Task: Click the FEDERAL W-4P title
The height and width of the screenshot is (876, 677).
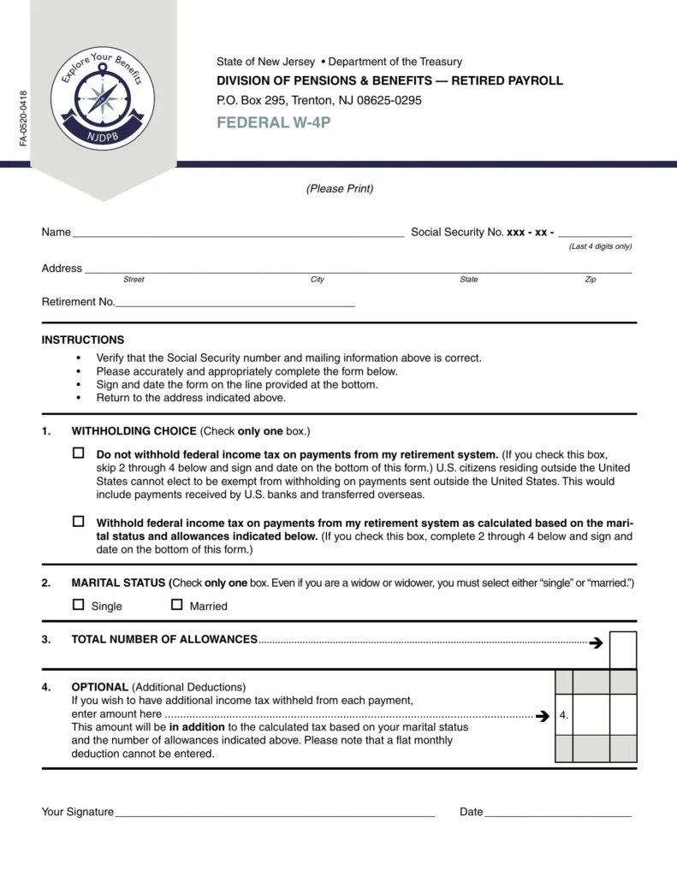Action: tap(273, 122)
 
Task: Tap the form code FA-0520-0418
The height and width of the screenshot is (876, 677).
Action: tap(23, 117)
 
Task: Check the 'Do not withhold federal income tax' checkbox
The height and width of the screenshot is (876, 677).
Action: tap(79, 453)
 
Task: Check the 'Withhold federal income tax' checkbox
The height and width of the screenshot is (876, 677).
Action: tap(79, 521)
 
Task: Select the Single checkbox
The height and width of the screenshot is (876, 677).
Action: tap(79, 605)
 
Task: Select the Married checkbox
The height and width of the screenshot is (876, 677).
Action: tap(177, 605)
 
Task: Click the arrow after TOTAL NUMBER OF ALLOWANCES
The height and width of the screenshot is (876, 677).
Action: tap(597, 642)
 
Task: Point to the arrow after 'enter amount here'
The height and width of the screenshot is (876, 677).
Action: tap(542, 715)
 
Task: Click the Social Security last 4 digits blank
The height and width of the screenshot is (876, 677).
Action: tap(595, 233)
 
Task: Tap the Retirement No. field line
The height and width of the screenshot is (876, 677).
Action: tap(235, 303)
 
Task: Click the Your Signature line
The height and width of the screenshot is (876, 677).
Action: tap(275, 813)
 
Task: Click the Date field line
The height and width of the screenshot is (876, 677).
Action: tap(558, 813)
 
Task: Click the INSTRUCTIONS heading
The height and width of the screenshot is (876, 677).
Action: tap(83, 340)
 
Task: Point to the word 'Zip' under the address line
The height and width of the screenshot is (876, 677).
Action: tap(591, 280)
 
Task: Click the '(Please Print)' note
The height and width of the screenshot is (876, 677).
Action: tap(340, 188)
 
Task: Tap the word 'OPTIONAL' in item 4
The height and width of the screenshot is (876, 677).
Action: tap(99, 687)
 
